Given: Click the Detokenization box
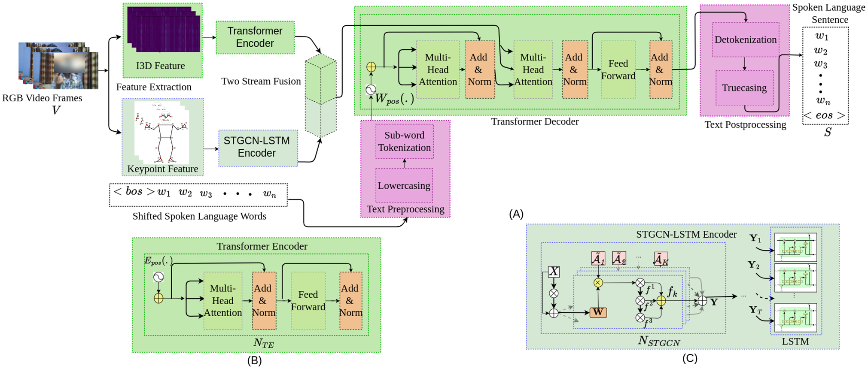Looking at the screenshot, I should pyautogui.click(x=745, y=39).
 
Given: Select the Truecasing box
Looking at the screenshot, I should pyautogui.click(x=744, y=88).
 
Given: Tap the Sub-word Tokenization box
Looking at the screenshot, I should pyautogui.click(x=404, y=141).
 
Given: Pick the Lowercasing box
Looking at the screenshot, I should pyautogui.click(x=404, y=185).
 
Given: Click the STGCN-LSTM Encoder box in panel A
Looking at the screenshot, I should pyautogui.click(x=258, y=148).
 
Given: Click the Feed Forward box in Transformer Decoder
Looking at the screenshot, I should pyautogui.click(x=618, y=70).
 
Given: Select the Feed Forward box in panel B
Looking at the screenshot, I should pyautogui.click(x=308, y=301).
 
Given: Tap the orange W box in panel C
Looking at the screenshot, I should pyautogui.click(x=598, y=312).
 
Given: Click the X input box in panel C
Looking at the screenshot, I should pyautogui.click(x=554, y=271).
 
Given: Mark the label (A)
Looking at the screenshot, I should pyautogui.click(x=516, y=214).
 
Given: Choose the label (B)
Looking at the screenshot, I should pyautogui.click(x=254, y=361).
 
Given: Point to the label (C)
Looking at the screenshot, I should pyautogui.click(x=690, y=358).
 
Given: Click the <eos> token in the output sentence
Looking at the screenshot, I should pyautogui.click(x=824, y=116).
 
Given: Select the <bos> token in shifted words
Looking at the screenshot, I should pyautogui.click(x=134, y=192).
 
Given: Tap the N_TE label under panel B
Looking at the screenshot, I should pyautogui.click(x=263, y=343).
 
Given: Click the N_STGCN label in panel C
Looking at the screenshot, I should pyautogui.click(x=659, y=341).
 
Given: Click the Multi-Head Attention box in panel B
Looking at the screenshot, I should pyautogui.click(x=222, y=301).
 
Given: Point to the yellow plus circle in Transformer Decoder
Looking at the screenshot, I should pyautogui.click(x=371, y=67).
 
